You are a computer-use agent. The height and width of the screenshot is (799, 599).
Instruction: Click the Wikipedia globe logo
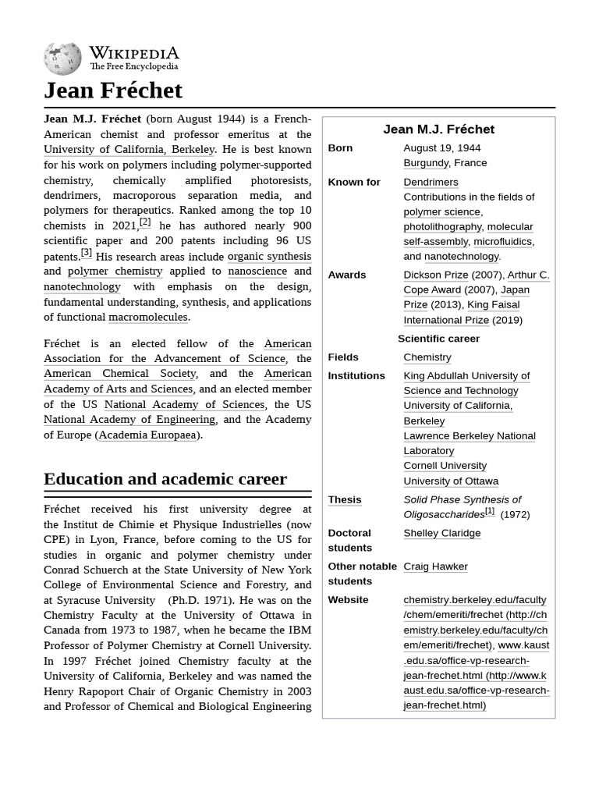pos(62,58)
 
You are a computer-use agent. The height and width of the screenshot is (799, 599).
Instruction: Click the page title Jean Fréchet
pos(113,91)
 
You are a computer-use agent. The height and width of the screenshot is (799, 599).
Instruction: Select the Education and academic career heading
pos(165,478)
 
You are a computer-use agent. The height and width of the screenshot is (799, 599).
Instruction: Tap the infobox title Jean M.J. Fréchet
pos(438,130)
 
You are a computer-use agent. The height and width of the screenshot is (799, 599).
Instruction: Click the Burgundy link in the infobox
pos(426,163)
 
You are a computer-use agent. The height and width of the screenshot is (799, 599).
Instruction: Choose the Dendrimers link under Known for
pos(431,182)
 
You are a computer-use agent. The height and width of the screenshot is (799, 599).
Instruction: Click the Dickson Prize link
pos(435,275)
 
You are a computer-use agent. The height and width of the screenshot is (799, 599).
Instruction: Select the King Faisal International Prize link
pos(461,312)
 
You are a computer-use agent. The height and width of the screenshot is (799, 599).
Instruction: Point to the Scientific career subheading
pos(438,339)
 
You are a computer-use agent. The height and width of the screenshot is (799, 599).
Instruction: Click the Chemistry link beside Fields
pos(427,357)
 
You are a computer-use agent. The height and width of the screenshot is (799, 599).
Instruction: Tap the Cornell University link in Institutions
pos(445,466)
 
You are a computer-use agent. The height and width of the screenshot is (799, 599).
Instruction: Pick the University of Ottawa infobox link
pos(450,481)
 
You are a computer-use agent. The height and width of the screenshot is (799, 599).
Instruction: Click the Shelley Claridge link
pos(441,533)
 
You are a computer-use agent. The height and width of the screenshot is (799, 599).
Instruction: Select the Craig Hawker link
pos(435,566)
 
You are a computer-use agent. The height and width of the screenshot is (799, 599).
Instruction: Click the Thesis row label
pos(344,499)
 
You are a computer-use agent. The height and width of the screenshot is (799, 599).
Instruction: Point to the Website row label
pos(348,600)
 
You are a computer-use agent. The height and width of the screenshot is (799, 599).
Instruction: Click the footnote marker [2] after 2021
pos(145,222)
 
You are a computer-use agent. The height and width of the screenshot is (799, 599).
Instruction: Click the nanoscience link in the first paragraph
pos(257,272)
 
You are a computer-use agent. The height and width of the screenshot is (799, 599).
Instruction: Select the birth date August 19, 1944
pos(441,148)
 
